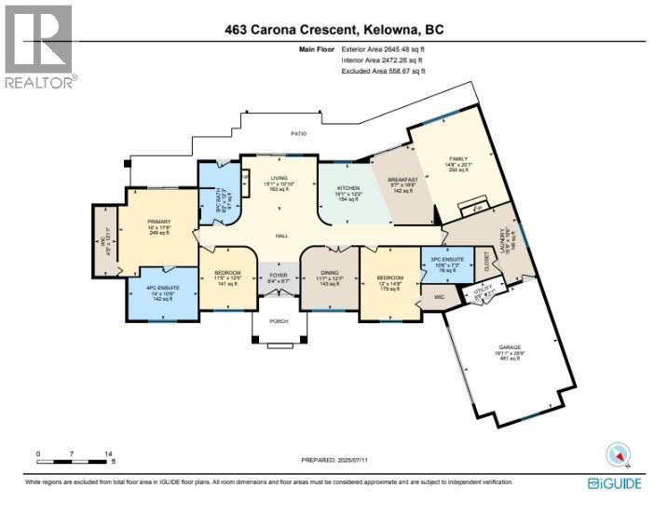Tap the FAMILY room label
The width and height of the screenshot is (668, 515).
pos(458,159)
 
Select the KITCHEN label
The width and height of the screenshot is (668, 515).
pos(348,187)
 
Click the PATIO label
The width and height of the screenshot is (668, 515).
pos(298,134)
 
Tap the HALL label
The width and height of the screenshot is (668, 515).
pos(280,236)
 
